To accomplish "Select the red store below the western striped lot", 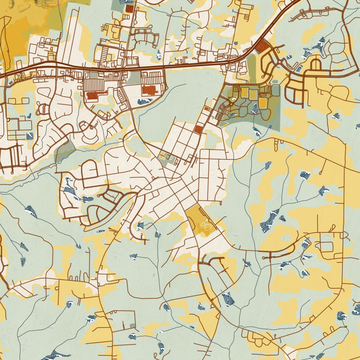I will point(92,95).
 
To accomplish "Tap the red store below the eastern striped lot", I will point(149,90).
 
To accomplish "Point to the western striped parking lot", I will point(94,81).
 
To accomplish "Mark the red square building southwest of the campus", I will point(199,128).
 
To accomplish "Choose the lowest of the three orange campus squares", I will point(263,104).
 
